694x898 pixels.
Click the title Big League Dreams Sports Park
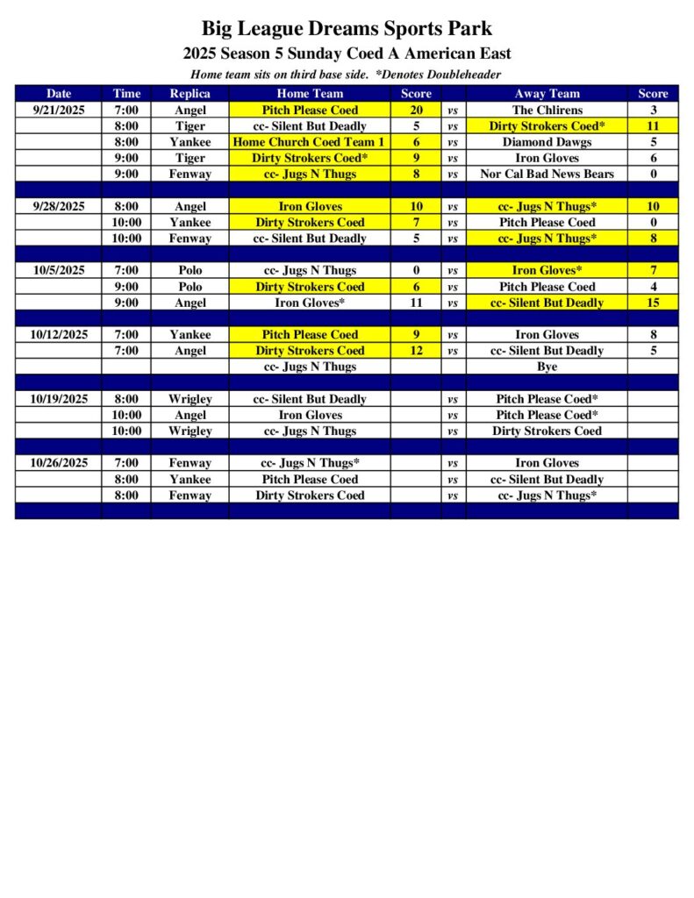[x=347, y=29]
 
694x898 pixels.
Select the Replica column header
[x=190, y=94]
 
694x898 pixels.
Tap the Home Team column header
[x=310, y=94]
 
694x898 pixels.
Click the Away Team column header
[x=547, y=94]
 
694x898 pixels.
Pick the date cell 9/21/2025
[x=58, y=110]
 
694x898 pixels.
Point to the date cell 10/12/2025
[x=58, y=334]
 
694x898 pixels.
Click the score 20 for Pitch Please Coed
[x=416, y=110]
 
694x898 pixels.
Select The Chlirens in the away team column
[x=547, y=110]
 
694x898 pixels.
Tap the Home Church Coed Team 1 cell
[x=309, y=142]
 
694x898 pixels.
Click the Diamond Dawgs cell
[x=547, y=142]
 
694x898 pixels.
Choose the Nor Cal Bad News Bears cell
[x=547, y=174]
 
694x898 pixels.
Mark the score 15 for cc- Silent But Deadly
[x=653, y=303]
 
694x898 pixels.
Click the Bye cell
[x=547, y=367]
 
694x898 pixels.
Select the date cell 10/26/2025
[x=58, y=463]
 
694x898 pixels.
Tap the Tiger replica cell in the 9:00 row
[x=190, y=158]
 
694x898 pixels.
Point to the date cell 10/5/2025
[x=58, y=270]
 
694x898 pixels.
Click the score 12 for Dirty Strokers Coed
[x=416, y=351]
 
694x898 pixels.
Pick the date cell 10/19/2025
[x=58, y=399]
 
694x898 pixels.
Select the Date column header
[x=58, y=94]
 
